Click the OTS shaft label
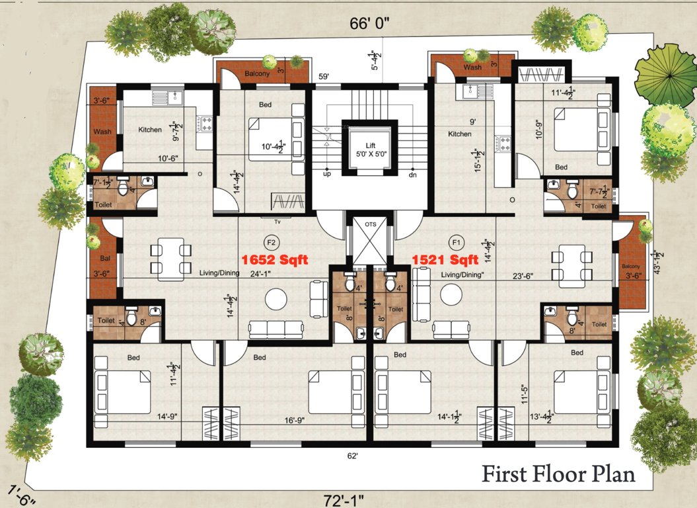click(x=371, y=224)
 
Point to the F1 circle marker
click(x=455, y=241)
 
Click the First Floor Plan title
click(x=558, y=474)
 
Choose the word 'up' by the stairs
click(x=326, y=174)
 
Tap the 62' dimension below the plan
click(x=352, y=456)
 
